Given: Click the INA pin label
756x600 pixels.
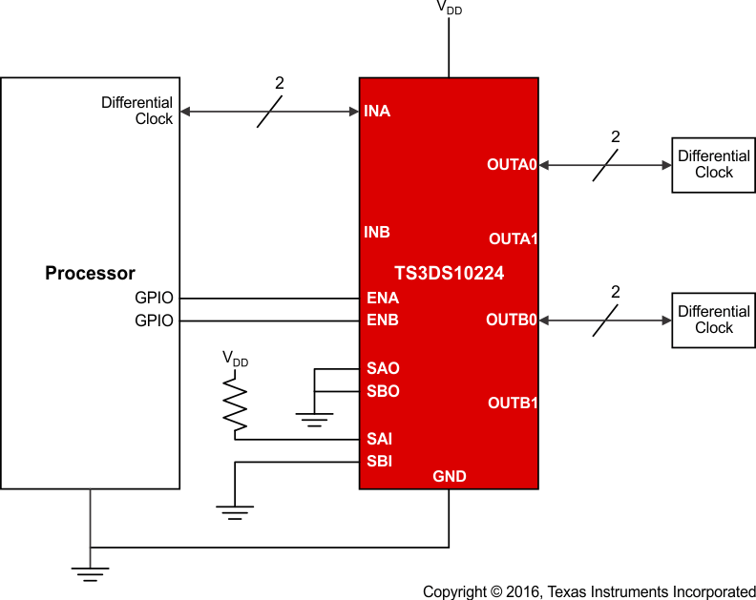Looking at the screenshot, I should (377, 112).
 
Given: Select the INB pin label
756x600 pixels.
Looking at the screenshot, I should (377, 232).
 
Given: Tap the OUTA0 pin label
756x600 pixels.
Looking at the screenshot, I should (513, 164).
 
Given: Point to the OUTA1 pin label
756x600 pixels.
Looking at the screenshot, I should (514, 238).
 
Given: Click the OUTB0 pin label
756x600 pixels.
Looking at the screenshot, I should (513, 320).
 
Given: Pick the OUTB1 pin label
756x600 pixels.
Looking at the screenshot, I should (514, 403).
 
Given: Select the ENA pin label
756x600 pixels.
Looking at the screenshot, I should (383, 298).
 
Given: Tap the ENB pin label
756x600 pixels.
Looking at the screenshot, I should (383, 321).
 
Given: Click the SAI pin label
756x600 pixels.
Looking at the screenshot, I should (380, 440).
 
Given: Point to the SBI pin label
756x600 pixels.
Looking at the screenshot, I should (380, 462).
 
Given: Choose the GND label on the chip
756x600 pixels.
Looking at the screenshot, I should (450, 476).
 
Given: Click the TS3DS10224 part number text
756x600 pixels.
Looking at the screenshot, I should (449, 274).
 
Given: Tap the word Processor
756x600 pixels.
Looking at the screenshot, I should (90, 274).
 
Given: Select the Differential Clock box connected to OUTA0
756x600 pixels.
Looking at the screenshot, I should (714, 164).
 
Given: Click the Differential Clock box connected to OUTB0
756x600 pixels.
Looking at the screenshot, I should (714, 320).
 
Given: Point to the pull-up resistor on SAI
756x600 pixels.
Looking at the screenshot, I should (235, 403).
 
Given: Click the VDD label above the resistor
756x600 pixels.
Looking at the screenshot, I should (235, 360).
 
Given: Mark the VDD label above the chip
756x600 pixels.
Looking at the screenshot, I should (450, 7).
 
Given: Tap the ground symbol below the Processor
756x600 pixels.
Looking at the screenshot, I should (90, 572).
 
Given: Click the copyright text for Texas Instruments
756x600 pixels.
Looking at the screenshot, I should (589, 591).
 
